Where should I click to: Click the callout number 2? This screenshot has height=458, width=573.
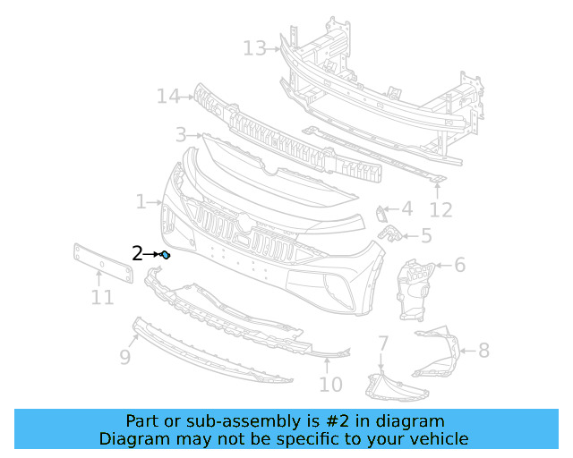(x=137, y=254)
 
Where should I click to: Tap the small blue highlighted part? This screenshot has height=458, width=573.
(x=166, y=256)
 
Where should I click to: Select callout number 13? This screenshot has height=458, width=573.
(x=254, y=47)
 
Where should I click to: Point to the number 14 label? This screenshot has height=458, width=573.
(x=168, y=96)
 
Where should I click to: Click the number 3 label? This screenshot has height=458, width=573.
(x=181, y=135)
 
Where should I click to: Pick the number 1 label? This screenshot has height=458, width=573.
(x=141, y=202)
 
